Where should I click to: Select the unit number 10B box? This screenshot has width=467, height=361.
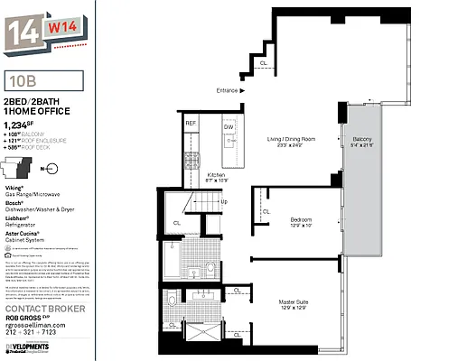tap(42, 80)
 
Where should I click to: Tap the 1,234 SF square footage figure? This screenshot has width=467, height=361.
tap(19, 125)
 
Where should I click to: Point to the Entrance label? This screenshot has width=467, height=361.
tap(227, 90)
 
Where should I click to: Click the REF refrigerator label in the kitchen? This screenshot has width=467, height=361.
tap(191, 123)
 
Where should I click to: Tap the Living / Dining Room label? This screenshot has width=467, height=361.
tap(290, 140)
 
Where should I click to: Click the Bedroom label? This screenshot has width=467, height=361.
tap(301, 220)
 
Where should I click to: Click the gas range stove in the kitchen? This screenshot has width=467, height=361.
tap(191, 160)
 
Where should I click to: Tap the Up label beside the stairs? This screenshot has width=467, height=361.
tap(225, 201)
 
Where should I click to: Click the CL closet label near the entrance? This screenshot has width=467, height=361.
tap(263, 63)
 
